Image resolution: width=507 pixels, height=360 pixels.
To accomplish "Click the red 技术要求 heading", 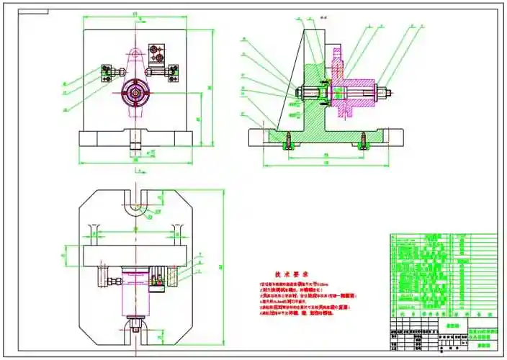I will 291,274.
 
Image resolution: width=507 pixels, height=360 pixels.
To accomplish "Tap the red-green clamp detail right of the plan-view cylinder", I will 171,277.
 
